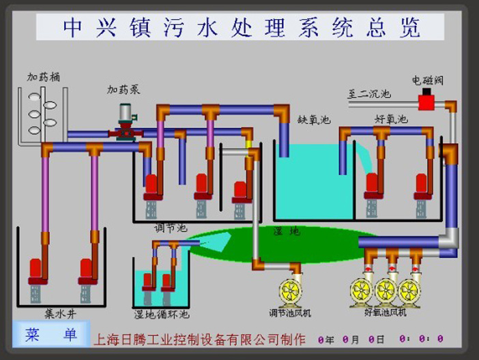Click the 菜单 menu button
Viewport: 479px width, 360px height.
point(51,335)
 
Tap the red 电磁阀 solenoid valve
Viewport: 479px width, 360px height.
point(427,102)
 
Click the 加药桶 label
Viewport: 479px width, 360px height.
point(43,77)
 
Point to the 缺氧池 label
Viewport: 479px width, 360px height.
point(314,119)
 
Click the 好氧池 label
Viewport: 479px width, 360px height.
point(391,119)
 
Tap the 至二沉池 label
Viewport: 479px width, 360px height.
point(369,94)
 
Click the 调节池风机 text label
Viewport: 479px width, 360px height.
point(289,313)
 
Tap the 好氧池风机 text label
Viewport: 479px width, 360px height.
point(386,312)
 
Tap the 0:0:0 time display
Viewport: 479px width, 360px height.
point(420,339)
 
